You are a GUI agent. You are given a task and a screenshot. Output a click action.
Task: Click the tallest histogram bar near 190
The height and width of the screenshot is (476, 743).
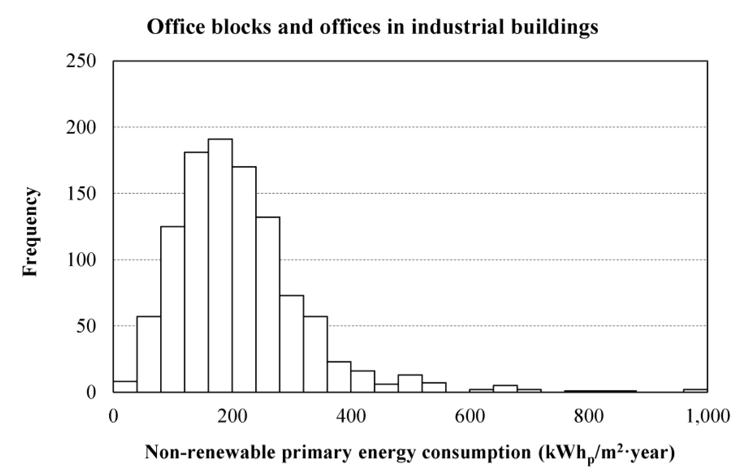coord(220,266)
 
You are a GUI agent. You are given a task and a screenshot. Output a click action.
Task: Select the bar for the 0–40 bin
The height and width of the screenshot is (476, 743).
coord(125,387)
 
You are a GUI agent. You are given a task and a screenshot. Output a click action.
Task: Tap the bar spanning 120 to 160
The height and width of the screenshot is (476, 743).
coord(196,272)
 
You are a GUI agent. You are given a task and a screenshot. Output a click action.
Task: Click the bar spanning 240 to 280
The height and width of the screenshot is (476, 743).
coord(268,304)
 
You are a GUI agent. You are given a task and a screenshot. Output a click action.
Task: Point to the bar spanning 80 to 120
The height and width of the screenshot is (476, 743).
coord(173,309)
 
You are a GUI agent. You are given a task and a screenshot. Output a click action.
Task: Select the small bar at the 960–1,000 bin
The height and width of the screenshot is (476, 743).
coord(695,391)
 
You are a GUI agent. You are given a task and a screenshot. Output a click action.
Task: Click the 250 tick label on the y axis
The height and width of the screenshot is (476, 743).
coord(81,61)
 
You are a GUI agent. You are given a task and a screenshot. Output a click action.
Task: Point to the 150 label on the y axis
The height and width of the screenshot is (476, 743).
coord(81,194)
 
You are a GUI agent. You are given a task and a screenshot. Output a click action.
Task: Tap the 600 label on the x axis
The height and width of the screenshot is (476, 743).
coord(469,416)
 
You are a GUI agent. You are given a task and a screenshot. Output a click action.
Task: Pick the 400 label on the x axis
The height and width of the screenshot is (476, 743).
coord(351,416)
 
